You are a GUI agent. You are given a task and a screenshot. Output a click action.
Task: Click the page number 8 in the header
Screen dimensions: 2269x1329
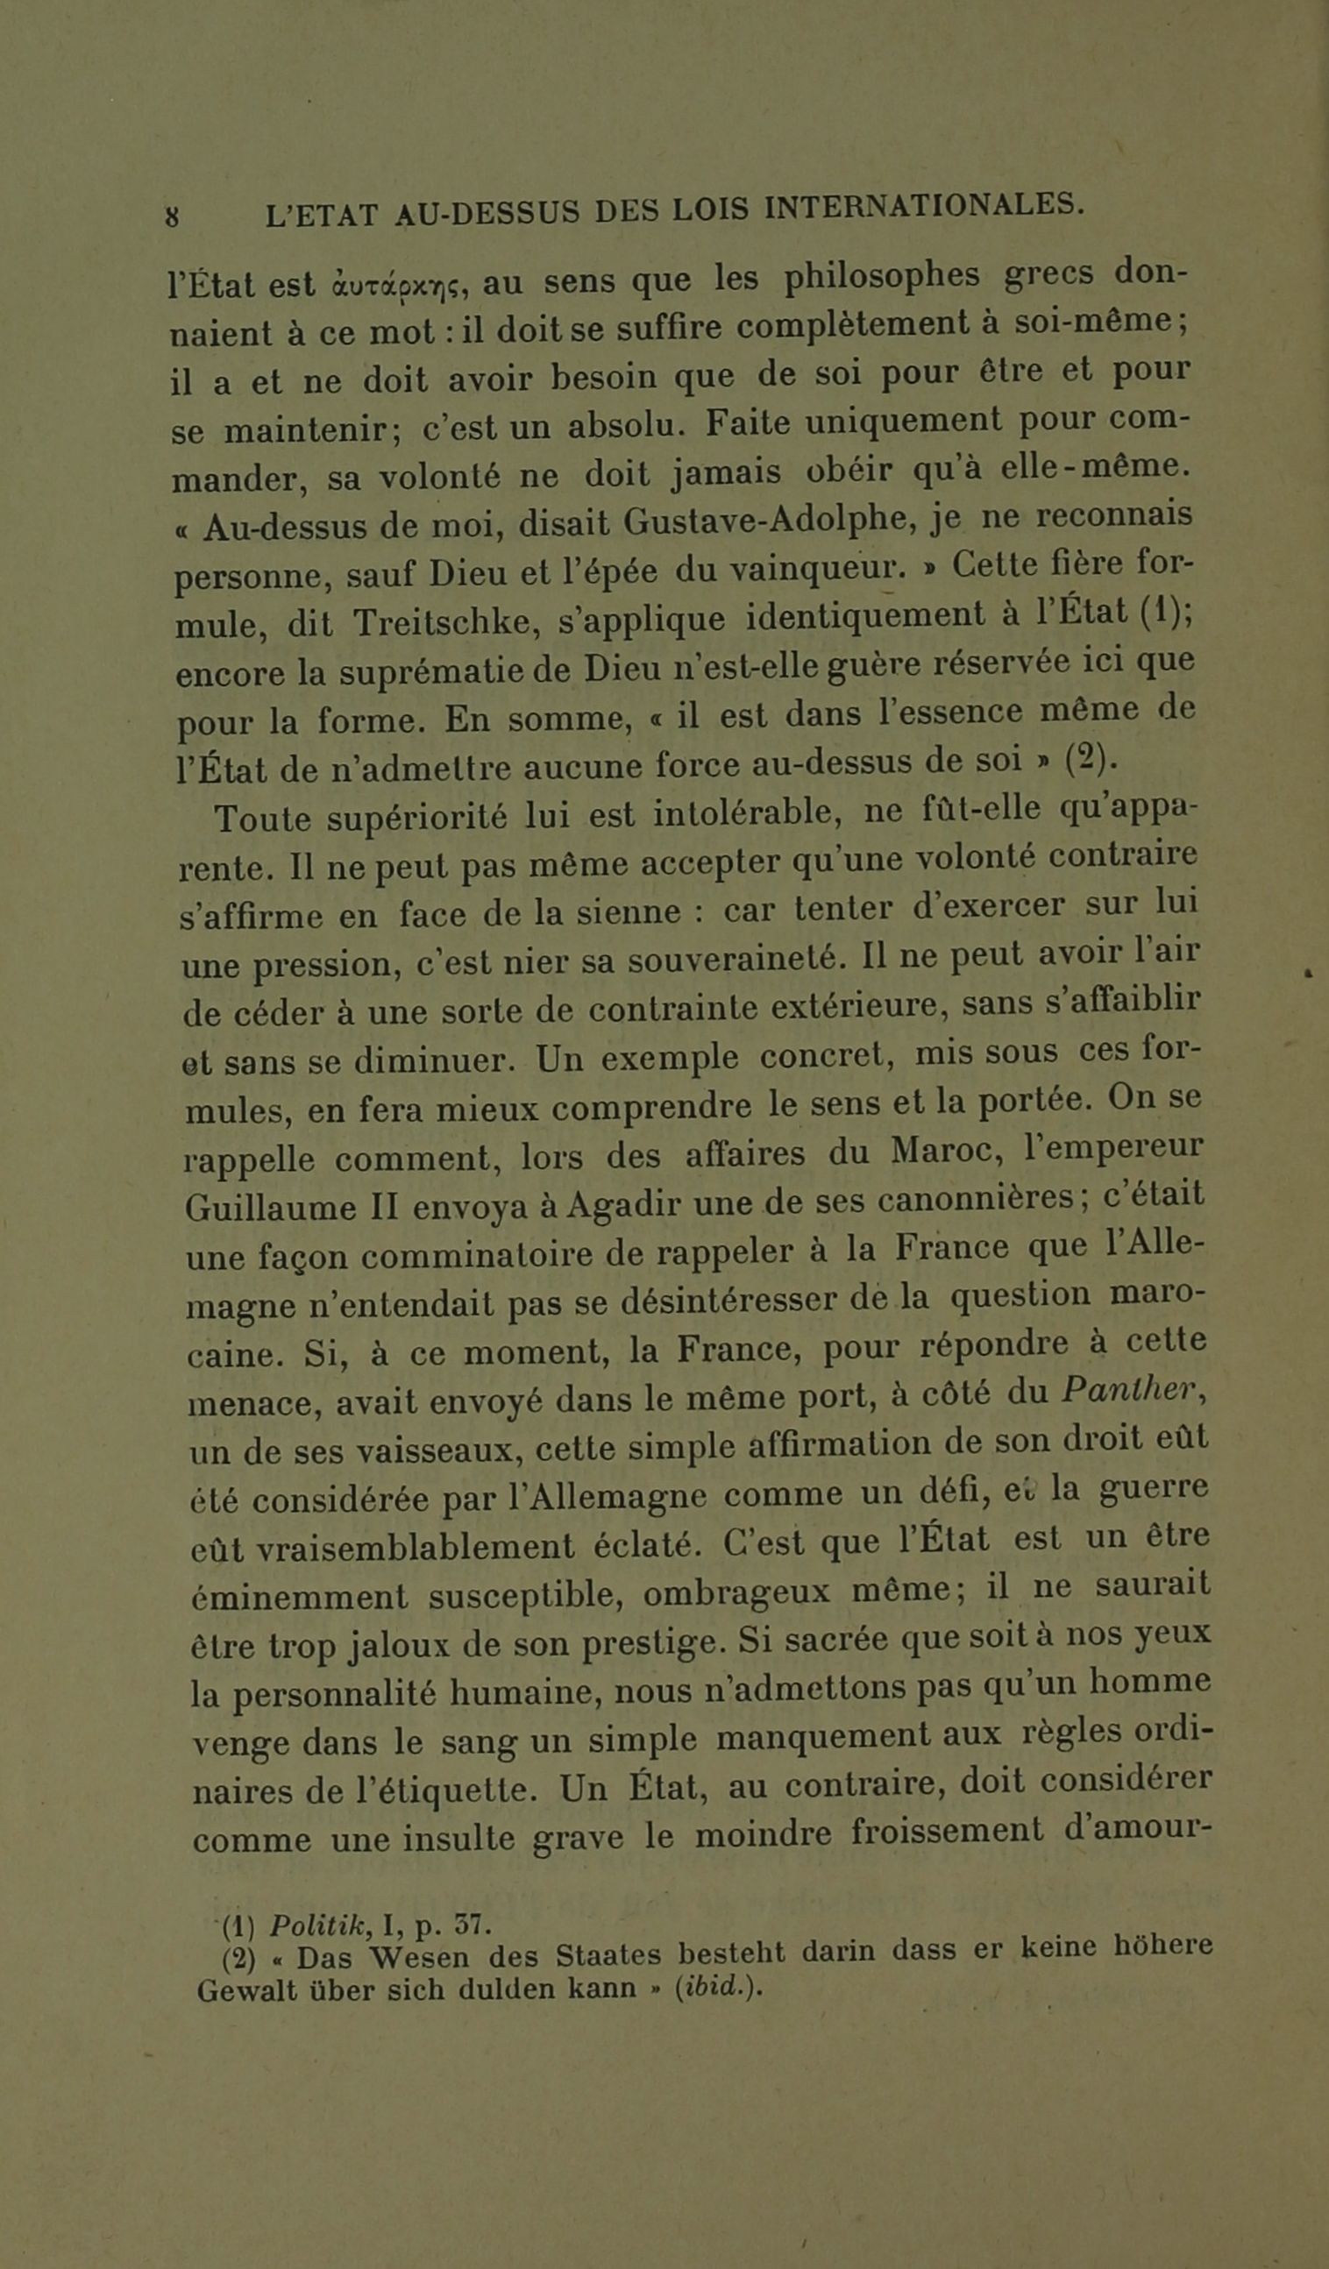coord(172,217)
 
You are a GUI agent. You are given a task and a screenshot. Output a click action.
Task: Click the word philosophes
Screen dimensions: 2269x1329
coord(882,276)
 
